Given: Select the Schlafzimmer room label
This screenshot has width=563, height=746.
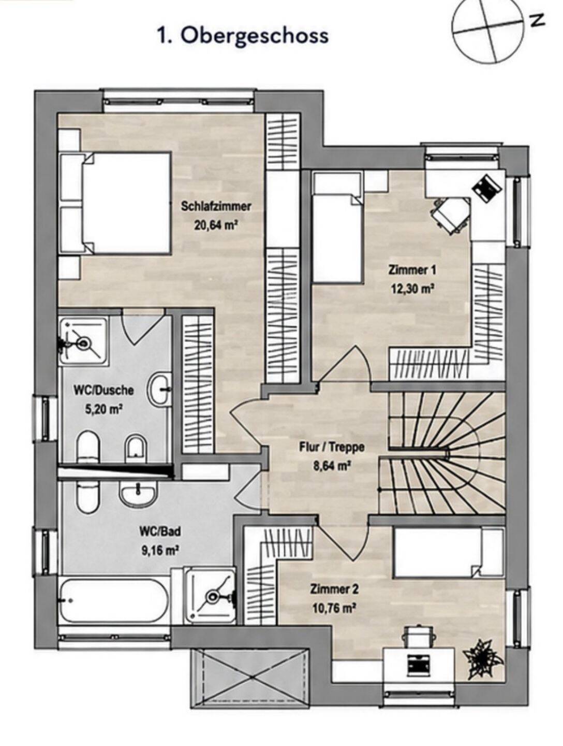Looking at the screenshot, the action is (216, 206).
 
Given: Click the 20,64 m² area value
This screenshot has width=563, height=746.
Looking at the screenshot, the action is (215, 224).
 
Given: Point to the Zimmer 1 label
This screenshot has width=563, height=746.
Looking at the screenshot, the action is (412, 270).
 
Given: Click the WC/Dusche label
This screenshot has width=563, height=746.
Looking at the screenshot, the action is (103, 391).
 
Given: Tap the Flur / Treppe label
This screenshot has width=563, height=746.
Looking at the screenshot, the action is (331, 447).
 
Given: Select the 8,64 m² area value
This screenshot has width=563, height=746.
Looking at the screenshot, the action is (331, 465).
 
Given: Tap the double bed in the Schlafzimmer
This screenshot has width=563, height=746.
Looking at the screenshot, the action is (115, 203).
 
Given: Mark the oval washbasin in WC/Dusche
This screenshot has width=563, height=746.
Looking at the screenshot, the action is (160, 390).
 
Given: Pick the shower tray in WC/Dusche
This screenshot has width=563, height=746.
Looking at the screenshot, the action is (83, 340).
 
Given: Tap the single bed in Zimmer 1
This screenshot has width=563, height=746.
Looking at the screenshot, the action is (337, 227).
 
